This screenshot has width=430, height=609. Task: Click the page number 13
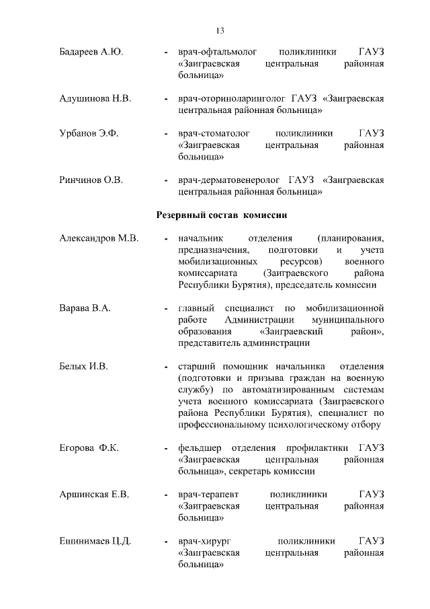point(220,30)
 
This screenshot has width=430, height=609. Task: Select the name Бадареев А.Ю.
point(91,51)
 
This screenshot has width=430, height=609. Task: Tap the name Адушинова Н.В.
point(95,98)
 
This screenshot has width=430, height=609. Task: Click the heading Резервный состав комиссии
point(222,216)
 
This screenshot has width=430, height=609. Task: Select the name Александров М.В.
point(99,239)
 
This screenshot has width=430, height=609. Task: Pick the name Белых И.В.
point(84,367)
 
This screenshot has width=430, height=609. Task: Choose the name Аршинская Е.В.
point(94,495)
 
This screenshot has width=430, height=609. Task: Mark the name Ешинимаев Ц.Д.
point(95,542)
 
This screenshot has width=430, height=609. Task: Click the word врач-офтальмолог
point(214,51)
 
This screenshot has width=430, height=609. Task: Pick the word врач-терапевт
point(207,495)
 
